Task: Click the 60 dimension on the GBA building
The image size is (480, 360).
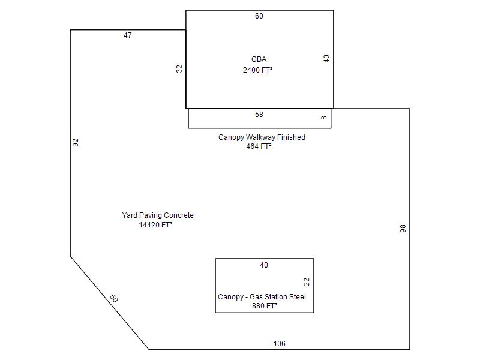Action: [259, 16]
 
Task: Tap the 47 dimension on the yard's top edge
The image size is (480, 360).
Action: [128, 35]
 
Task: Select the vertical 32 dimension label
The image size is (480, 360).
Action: [179, 68]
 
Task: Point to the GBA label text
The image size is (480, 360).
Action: [259, 59]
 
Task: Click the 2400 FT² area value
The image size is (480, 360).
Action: [258, 70]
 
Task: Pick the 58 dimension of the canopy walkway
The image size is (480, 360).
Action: [259, 115]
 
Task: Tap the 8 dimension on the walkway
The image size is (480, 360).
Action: [324, 118]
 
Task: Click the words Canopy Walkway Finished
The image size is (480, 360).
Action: [262, 137]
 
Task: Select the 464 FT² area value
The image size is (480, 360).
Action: [259, 146]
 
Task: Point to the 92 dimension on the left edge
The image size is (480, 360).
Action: [76, 143]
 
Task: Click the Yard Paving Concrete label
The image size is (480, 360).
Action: [158, 215]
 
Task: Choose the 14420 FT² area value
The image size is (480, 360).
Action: [155, 224]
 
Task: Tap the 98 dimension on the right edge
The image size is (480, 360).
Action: [403, 229]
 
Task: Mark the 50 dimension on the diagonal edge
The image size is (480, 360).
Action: [114, 298]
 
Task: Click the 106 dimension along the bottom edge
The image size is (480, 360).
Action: [279, 343]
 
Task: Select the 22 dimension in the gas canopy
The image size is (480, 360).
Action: [307, 281]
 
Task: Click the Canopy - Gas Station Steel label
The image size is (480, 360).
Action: [262, 296]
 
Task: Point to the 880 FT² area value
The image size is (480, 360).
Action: [265, 306]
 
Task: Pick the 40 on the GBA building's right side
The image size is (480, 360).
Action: [326, 58]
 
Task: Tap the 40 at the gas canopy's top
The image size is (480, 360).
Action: [264, 265]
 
